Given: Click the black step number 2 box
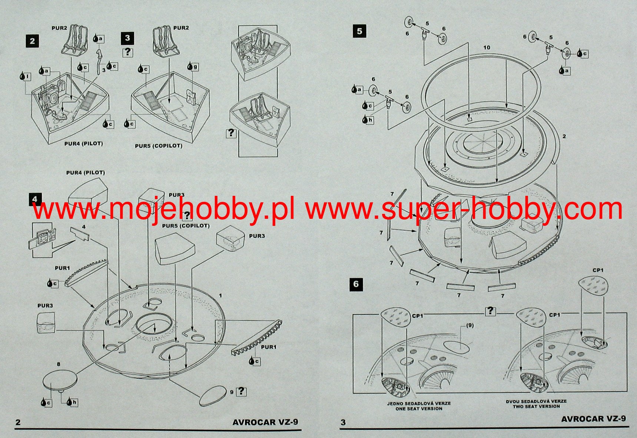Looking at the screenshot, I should point(32,41).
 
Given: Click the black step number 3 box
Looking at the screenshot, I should point(127,38).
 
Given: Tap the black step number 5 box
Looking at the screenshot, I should point(359,31).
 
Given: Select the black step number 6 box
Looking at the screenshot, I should point(356,284).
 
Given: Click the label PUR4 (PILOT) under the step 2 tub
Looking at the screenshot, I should point(83,144).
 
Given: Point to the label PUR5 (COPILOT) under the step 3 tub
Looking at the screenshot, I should point(159,146).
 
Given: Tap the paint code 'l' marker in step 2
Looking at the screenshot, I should point(26,76).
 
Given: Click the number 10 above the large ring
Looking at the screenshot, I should point(487,47).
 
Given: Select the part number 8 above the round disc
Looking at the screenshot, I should point(59,364).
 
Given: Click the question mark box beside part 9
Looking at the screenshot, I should point(242,391).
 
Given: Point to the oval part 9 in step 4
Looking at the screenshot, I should point(213,396).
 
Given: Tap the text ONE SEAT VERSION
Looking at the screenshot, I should point(419,409).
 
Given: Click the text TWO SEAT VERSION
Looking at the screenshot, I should point(536,406).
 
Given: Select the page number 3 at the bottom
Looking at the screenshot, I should point(343,422).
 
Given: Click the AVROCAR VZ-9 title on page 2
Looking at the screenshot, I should point(265,422).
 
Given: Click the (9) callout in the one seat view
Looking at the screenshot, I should point(470,325).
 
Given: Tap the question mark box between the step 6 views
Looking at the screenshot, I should point(491,311).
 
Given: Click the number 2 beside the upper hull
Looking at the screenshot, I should point(564,136).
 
